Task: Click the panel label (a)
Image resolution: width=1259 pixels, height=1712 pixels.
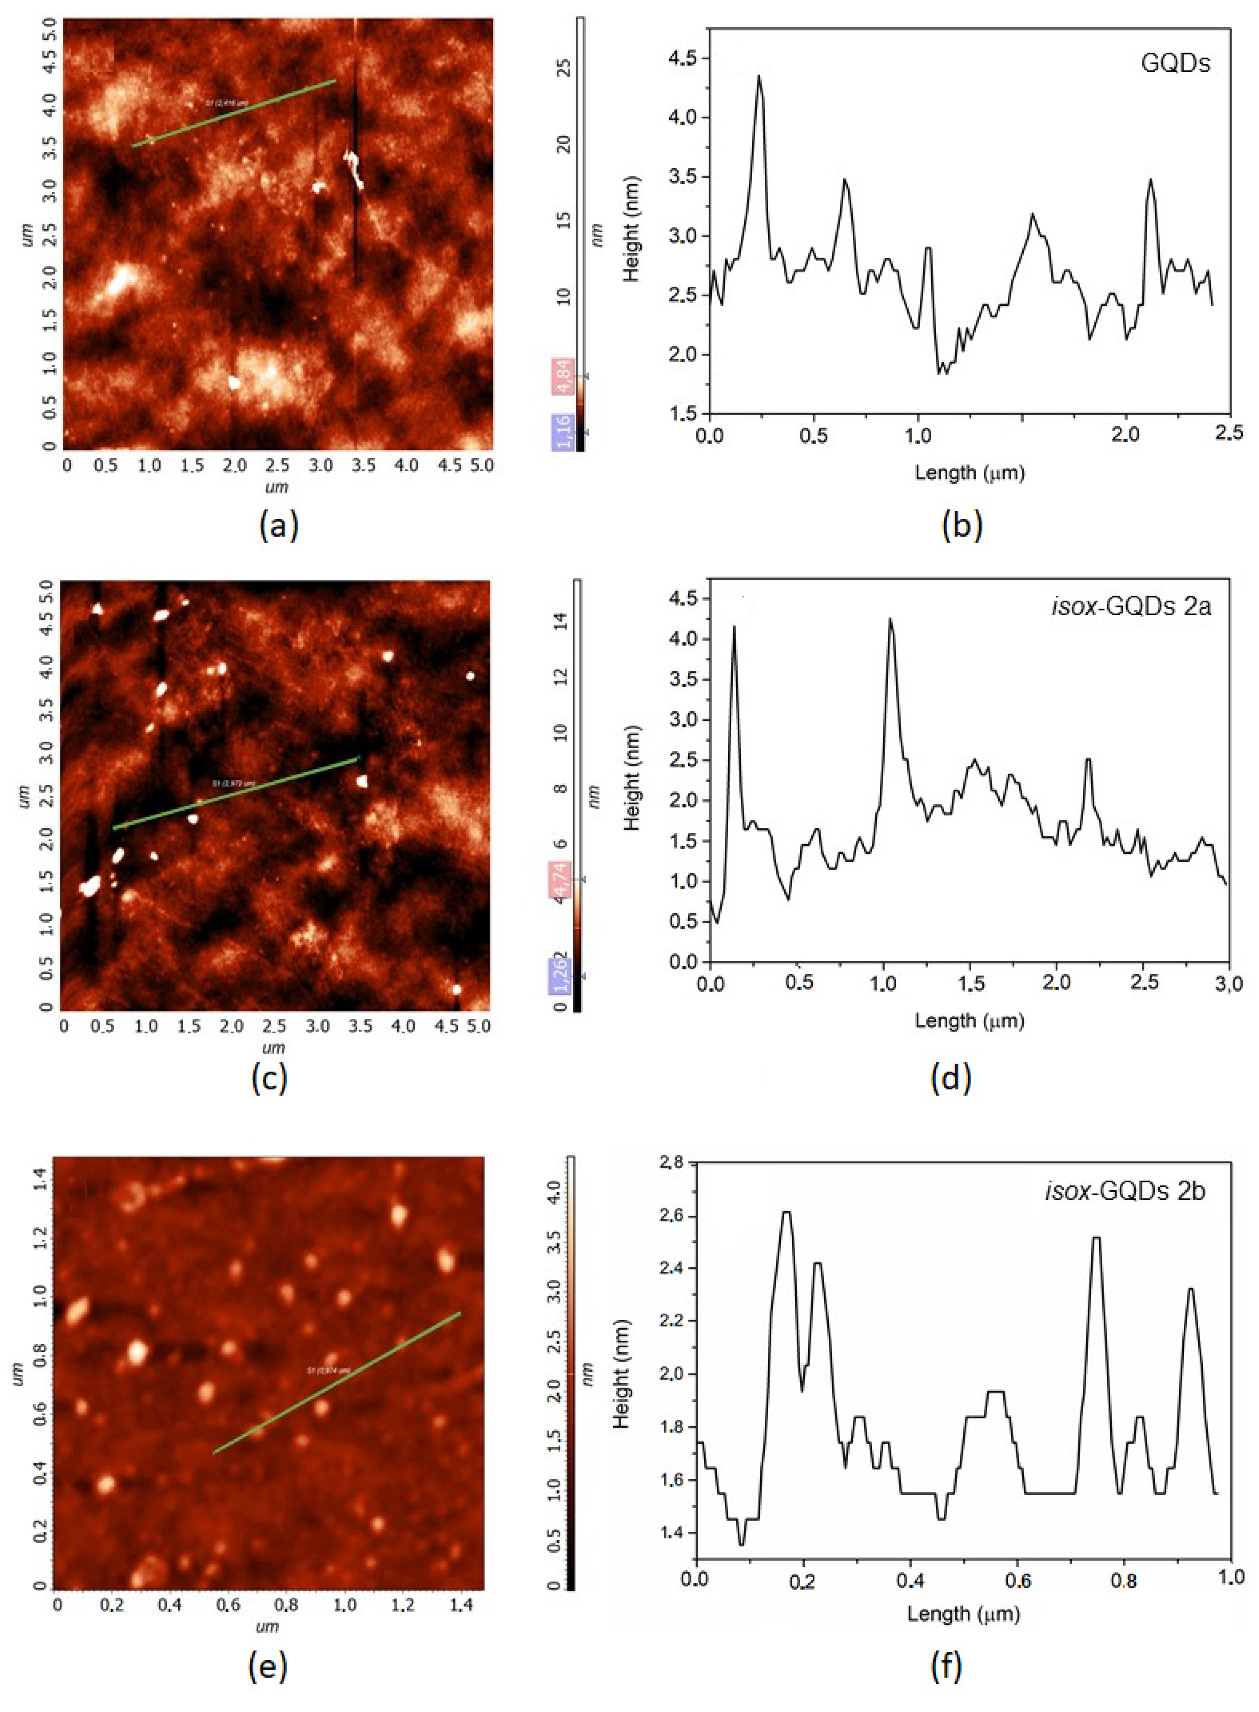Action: [x=278, y=526]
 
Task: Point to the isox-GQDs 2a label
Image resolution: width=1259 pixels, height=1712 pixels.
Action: [x=1131, y=607]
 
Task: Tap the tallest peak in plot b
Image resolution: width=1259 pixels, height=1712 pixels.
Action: [x=759, y=76]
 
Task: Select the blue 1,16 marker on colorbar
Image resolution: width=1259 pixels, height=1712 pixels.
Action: [x=563, y=432]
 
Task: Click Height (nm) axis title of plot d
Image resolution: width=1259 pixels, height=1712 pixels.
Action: [x=631, y=777]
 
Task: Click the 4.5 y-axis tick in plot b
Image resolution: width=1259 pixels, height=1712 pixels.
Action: [x=684, y=59]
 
